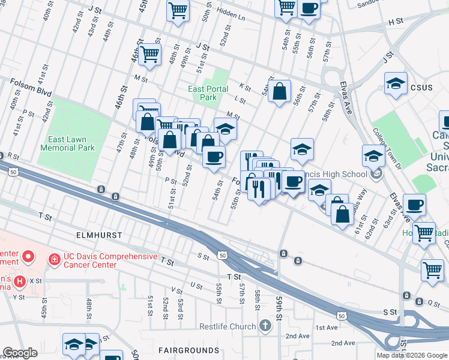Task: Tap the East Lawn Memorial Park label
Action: coord(67,143)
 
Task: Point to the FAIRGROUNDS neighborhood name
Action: coord(188,350)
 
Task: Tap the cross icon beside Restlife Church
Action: coord(265,326)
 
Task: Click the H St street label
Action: coord(395,22)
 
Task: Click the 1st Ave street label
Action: coord(327,328)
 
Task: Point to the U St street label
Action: coord(196,286)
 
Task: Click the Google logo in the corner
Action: coord(20,353)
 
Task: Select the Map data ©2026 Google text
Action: coord(412,355)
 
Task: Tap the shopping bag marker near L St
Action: coord(279,92)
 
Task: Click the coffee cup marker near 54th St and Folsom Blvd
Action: coord(213,157)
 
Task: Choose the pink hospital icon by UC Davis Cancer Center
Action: coord(53,259)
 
